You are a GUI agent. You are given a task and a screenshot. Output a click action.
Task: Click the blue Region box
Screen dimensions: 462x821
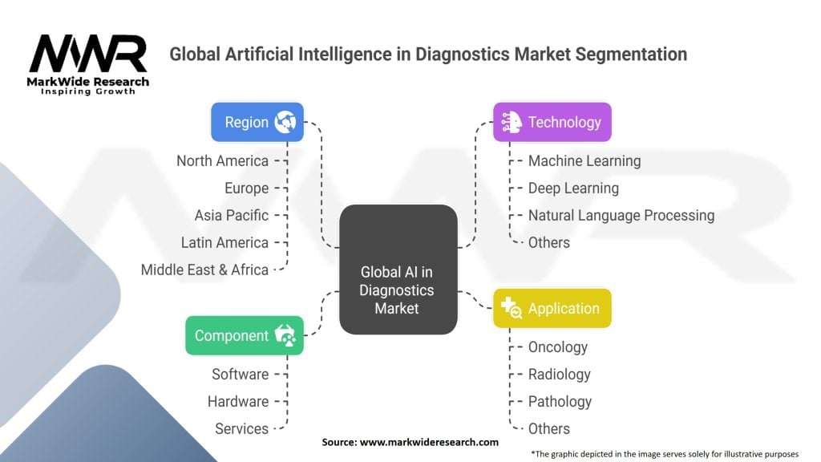click(x=257, y=122)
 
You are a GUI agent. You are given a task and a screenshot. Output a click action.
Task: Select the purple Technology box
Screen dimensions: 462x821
click(x=552, y=122)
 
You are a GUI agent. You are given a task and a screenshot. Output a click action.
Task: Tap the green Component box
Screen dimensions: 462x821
click(x=245, y=335)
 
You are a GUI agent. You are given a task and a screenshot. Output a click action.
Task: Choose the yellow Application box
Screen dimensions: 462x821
click(x=552, y=308)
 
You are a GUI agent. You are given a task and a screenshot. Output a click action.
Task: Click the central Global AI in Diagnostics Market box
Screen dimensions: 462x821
click(x=398, y=269)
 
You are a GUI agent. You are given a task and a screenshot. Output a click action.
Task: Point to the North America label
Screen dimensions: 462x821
click(x=222, y=160)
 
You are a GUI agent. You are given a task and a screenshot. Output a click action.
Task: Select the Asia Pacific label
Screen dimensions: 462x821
click(x=231, y=215)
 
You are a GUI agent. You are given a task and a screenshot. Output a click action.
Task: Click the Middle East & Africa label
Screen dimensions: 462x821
click(x=204, y=269)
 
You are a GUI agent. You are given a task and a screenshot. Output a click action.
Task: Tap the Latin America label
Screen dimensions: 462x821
click(x=224, y=242)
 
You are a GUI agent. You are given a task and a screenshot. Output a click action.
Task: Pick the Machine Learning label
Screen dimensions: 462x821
click(x=584, y=160)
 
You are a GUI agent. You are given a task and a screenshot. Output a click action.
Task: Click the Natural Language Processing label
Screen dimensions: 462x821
click(x=621, y=215)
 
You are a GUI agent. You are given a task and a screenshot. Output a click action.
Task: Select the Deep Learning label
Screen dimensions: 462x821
click(x=573, y=188)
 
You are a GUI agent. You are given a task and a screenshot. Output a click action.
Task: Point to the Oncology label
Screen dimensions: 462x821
click(x=558, y=346)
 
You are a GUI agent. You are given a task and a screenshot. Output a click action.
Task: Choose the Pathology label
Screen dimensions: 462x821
click(x=560, y=401)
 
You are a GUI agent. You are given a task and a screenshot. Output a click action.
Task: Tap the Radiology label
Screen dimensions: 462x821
click(x=559, y=374)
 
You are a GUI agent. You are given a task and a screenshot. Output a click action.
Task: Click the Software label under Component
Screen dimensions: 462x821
click(x=240, y=374)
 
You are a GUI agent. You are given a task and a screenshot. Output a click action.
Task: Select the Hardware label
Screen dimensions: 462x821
click(x=238, y=401)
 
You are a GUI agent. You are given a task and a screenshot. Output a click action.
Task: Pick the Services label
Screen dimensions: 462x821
click(x=241, y=428)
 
